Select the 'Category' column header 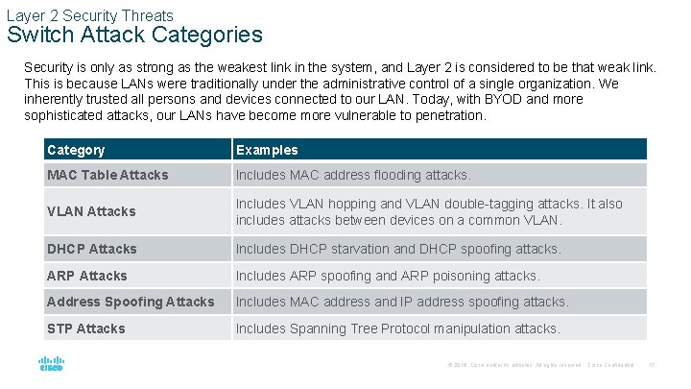(x=76, y=150)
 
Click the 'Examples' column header (x=267, y=150)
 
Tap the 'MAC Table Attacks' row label (x=107, y=175)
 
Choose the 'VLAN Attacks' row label (x=91, y=211)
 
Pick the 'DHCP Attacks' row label (x=92, y=249)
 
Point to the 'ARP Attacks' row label (x=87, y=276)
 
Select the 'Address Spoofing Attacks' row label (x=131, y=302)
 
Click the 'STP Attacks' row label (x=86, y=328)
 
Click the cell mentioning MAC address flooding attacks (x=353, y=175)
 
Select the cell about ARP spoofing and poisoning (x=388, y=276)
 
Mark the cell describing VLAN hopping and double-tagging (x=429, y=211)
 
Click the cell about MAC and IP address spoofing (x=402, y=302)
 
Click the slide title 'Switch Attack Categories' (x=134, y=36)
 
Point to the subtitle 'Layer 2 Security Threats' (x=90, y=15)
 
